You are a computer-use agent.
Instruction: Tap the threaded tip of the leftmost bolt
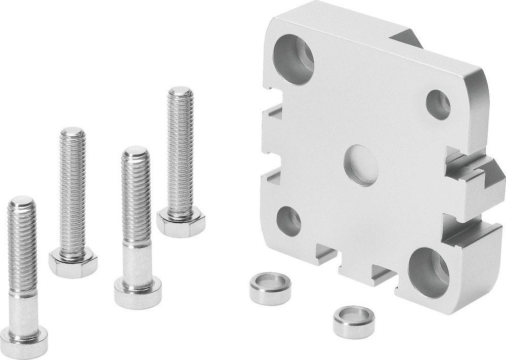click(x=21, y=203)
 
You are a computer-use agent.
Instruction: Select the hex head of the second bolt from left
click(x=73, y=263)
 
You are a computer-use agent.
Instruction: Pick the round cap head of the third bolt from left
click(x=138, y=293)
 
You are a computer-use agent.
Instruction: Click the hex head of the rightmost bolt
click(x=181, y=223)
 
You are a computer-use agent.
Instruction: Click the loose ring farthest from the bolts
click(x=354, y=322)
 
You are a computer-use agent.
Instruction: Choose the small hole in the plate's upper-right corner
click(x=438, y=105)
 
